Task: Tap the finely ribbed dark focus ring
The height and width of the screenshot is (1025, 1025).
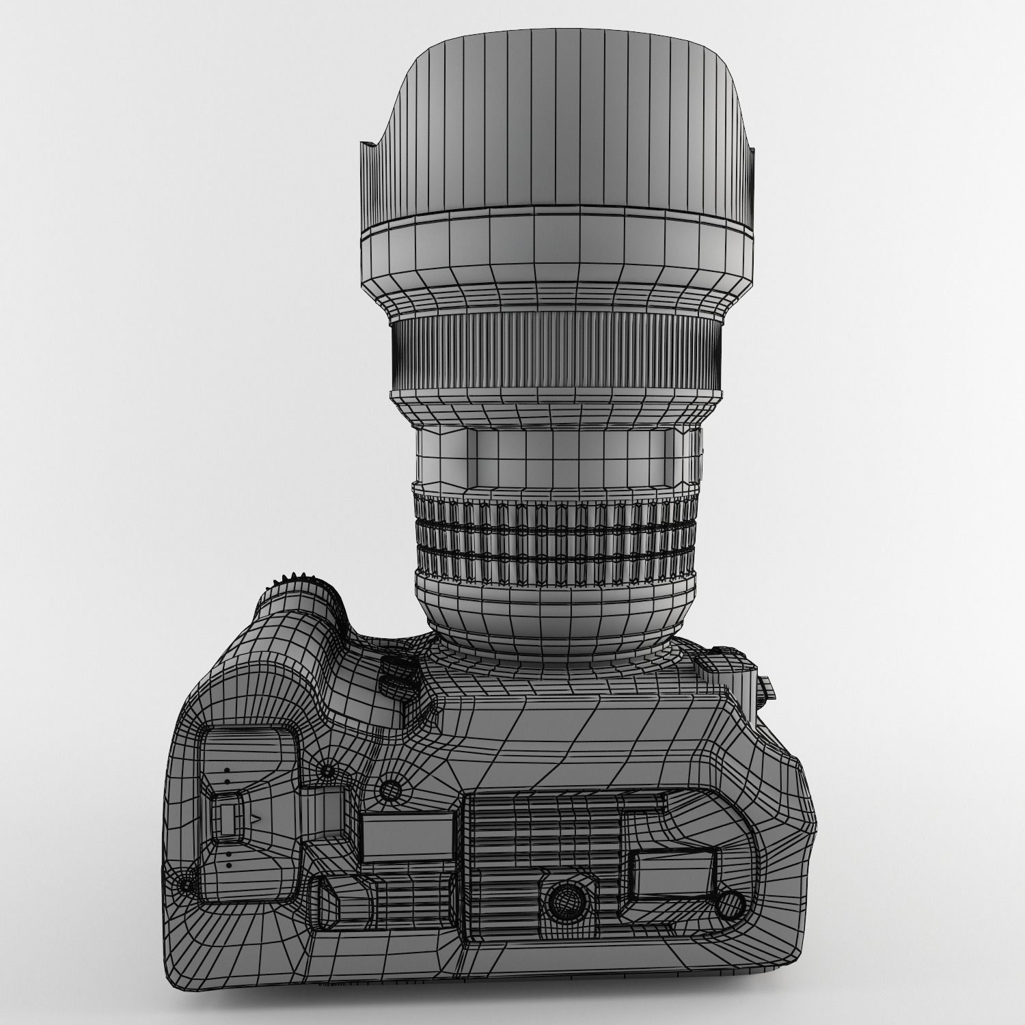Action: [x=557, y=352]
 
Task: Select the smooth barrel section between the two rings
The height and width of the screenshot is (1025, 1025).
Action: [x=557, y=452]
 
